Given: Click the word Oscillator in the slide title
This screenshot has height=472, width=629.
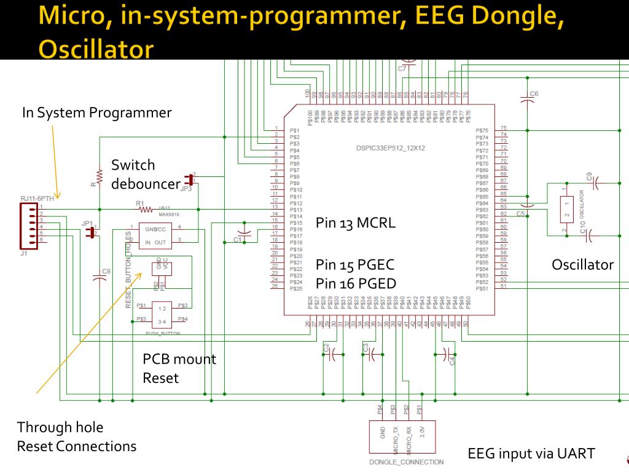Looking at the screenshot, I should click(95, 50).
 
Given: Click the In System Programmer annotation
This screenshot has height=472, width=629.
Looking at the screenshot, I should click(96, 112).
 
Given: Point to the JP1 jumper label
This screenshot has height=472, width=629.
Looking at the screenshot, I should click(87, 224).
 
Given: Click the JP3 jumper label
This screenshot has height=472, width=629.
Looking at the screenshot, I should click(187, 189).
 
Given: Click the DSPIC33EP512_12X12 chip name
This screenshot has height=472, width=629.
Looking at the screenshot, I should click(391, 148).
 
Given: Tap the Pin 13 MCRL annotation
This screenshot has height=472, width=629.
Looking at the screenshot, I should click(356, 222).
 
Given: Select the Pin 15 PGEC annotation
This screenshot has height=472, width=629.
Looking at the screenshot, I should click(354, 265).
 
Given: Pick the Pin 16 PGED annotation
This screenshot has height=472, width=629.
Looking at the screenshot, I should click(354, 283).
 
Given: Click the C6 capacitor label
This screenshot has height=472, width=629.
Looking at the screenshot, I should click(534, 93).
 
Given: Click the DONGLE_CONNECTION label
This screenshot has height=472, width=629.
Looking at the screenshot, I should click(406, 462).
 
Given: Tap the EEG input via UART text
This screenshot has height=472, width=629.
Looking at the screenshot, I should click(531, 454).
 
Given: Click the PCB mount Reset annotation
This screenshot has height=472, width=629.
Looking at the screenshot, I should click(179, 368).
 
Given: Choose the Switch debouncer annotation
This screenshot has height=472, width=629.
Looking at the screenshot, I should click(145, 174).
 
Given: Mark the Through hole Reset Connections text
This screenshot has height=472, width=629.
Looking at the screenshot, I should click(76, 436).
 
